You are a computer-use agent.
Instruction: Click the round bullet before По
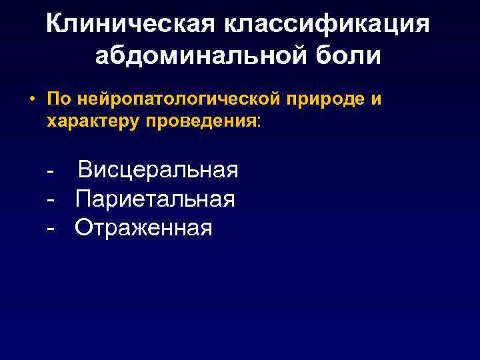click(31, 100)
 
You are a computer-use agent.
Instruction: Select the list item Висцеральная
click(157, 170)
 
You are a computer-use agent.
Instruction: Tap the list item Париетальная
click(155, 199)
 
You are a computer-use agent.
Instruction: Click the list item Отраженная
click(144, 228)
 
